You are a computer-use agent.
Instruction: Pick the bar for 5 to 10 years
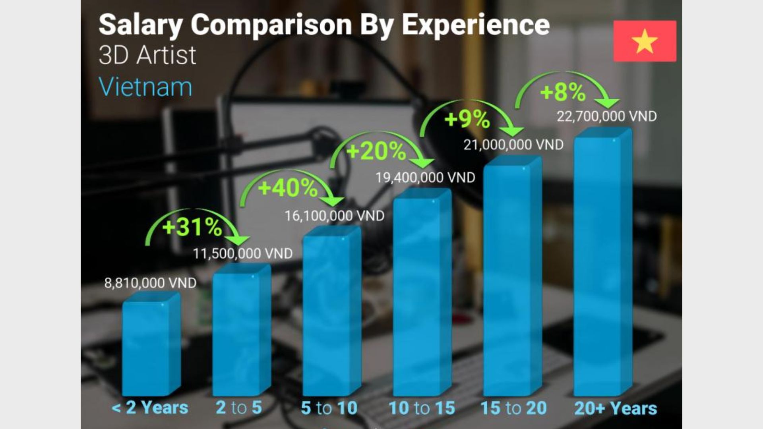click(x=331, y=314)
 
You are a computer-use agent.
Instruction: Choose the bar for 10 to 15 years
click(x=422, y=294)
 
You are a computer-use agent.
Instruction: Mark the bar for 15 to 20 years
click(x=512, y=278)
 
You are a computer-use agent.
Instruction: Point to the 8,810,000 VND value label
click(x=150, y=283)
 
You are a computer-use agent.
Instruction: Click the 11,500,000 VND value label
click(x=243, y=253)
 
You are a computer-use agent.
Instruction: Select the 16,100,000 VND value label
click(x=334, y=216)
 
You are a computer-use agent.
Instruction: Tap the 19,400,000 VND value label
click(x=425, y=178)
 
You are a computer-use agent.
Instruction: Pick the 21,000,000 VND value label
click(x=513, y=145)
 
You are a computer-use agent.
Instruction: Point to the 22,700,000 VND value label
click(x=606, y=116)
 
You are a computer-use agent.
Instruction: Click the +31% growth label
click(x=192, y=228)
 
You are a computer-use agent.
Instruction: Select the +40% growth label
click(x=288, y=188)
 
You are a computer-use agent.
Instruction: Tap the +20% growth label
click(x=376, y=151)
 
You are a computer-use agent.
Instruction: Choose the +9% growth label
click(x=467, y=119)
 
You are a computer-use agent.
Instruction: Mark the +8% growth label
click(x=563, y=92)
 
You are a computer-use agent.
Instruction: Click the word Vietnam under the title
click(x=145, y=87)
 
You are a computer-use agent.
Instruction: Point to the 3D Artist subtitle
click(x=147, y=55)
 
